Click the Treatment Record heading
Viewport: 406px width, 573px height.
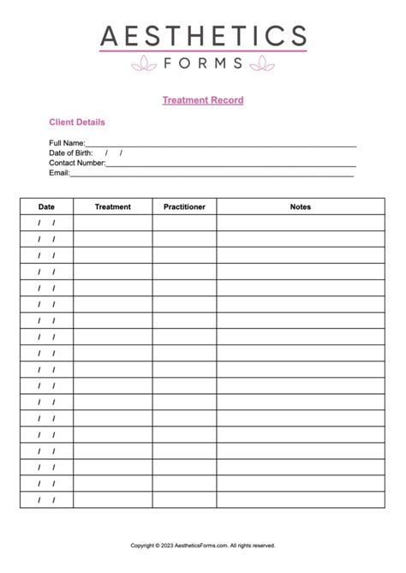coord(203,100)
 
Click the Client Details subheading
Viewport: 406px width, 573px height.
coord(77,122)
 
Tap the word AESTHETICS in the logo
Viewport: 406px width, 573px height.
coord(203,36)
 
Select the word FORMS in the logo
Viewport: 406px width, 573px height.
coord(203,62)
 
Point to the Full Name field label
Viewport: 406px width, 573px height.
coord(67,142)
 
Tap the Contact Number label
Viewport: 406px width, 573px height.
coord(77,163)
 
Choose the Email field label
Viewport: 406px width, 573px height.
coord(58,172)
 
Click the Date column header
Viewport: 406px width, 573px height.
coord(46,206)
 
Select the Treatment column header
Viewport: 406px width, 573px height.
coord(112,206)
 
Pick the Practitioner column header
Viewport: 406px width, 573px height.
coord(184,206)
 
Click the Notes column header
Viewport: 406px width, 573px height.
coord(301,206)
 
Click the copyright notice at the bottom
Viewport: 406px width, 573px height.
coord(203,545)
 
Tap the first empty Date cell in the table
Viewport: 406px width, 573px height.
coord(46,223)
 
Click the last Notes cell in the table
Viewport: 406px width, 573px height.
coord(301,500)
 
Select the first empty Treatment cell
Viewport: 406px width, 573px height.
coord(112,223)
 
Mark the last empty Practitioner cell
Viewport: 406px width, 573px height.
coord(184,500)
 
